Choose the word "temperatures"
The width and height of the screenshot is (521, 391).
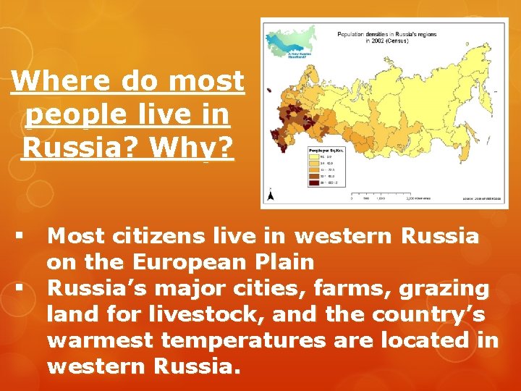[243, 340]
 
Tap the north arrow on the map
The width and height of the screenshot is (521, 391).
[271, 194]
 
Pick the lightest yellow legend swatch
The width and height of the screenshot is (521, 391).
[314, 157]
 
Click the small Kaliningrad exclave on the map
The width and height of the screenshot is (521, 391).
[269, 91]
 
